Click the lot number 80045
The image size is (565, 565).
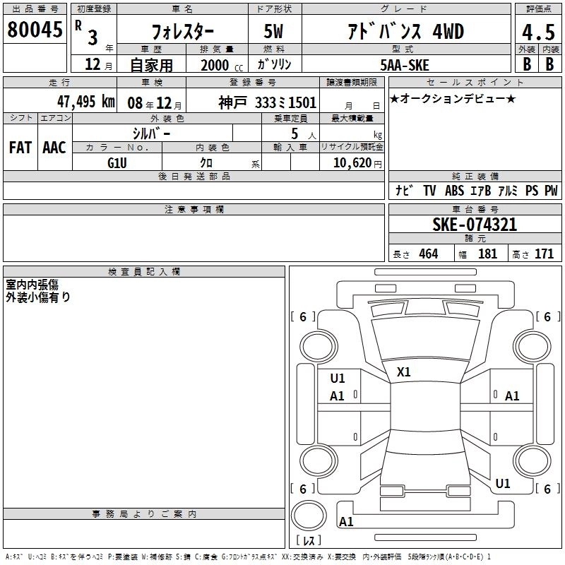coord(35,29)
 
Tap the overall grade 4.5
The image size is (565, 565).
coord(538,32)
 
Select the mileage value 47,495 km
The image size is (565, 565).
coord(86,102)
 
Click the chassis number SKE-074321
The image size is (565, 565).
coord(475,225)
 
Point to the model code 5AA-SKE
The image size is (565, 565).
coord(405,65)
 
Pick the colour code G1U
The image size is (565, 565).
coord(117,163)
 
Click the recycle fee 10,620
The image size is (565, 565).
coord(352,162)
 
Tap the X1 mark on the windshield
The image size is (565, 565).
coord(403,372)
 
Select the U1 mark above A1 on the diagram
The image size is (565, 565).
coord(338,379)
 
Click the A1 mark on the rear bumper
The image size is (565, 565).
coord(346,521)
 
